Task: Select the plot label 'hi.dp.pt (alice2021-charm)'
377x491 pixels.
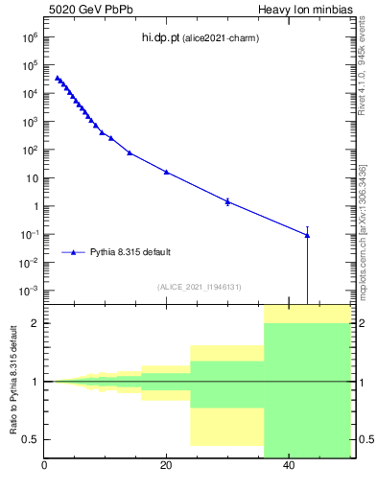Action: click(200, 38)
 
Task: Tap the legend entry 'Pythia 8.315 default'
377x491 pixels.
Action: click(130, 252)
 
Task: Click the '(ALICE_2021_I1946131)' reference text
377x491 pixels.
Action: click(200, 287)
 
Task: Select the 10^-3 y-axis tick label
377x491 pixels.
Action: click(28, 291)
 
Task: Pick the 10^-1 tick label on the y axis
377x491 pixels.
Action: click(28, 235)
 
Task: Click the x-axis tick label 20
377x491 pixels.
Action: click(166, 467)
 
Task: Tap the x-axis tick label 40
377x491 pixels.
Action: click(288, 467)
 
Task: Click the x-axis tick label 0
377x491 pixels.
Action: click(44, 467)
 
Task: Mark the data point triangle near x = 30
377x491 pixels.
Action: click(227, 201)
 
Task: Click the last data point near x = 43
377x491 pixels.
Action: click(307, 234)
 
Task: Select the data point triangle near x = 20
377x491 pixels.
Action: click(166, 172)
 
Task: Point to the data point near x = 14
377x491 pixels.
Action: click(130, 152)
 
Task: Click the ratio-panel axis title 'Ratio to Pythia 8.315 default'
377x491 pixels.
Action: click(12, 382)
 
